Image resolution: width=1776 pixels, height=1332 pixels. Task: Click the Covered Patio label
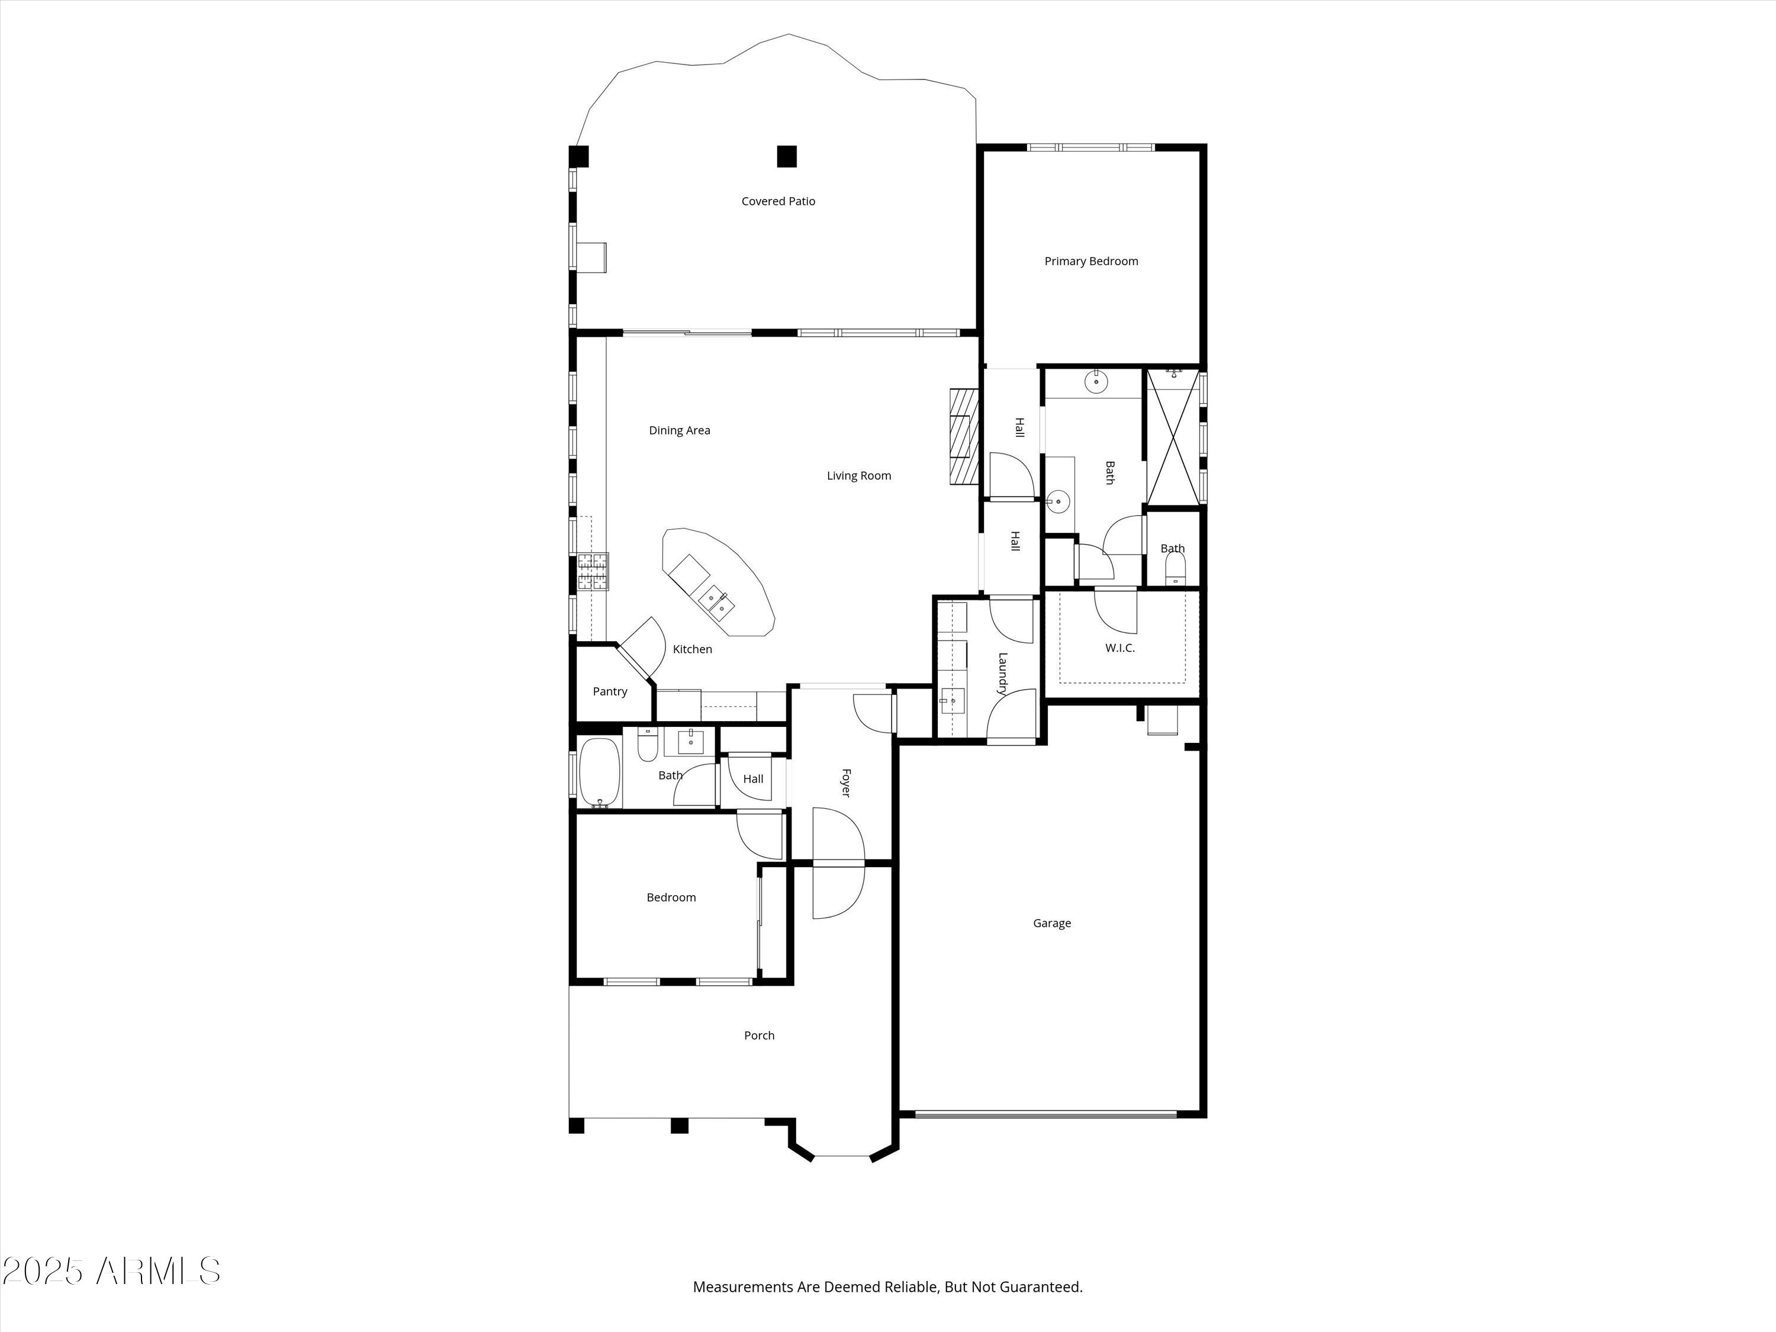tap(778, 201)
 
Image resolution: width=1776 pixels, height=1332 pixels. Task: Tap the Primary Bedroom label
tap(1091, 261)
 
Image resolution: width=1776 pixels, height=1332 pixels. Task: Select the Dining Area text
tap(679, 430)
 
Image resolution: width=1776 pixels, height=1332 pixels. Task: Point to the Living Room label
tap(859, 476)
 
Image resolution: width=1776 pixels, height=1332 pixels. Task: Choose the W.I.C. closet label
tap(1120, 648)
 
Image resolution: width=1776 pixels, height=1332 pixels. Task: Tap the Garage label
tap(1052, 924)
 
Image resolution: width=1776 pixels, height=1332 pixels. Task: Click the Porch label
tap(759, 1036)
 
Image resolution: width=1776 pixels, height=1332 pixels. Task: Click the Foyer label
tap(845, 783)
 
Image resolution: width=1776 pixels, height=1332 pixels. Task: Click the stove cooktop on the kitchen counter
tap(593, 572)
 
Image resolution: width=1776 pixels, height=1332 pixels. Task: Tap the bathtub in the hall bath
tap(599, 773)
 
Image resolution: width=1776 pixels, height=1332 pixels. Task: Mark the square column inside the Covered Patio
tap(787, 156)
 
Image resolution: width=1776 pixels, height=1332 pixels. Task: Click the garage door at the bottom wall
tap(1045, 1114)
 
